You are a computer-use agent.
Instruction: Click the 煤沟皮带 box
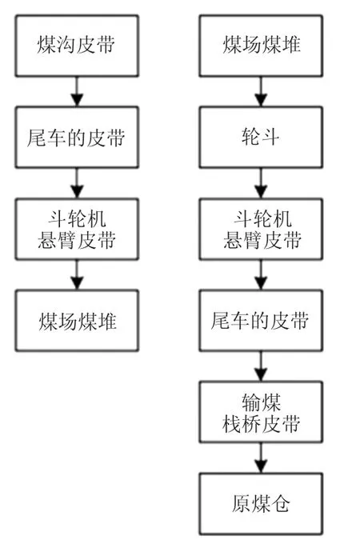[x=77, y=46]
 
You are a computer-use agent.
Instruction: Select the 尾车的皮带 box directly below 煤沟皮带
[x=77, y=137]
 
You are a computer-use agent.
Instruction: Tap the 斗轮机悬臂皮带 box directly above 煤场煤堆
[x=77, y=229]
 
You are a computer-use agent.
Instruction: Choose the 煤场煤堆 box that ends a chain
[x=77, y=320]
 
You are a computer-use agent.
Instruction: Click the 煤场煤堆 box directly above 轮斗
[x=261, y=46]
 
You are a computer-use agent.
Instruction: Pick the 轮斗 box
[x=261, y=137]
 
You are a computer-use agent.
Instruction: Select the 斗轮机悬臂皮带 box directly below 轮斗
[x=261, y=229]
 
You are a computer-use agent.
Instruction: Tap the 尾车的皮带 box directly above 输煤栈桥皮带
[x=261, y=320]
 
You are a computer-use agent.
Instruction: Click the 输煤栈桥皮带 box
[x=261, y=412]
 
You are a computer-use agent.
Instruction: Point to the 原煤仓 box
[x=261, y=503]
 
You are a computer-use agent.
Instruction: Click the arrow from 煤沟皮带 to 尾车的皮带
[x=77, y=91]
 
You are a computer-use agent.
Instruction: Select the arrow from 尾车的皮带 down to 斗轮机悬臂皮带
[x=77, y=183]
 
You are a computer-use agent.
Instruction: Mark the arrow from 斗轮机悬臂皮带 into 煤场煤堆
[x=77, y=274]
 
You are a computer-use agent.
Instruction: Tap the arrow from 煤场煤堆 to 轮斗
[x=261, y=91]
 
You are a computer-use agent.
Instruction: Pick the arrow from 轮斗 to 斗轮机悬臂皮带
[x=261, y=183]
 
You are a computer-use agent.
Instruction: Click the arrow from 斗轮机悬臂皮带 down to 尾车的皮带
[x=261, y=274]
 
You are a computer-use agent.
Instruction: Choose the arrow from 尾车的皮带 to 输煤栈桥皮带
[x=261, y=366]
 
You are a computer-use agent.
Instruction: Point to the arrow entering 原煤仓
[x=261, y=458]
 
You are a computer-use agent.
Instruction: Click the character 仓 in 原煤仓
[x=280, y=504]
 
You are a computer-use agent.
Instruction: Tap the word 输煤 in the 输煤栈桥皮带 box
[x=261, y=402]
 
